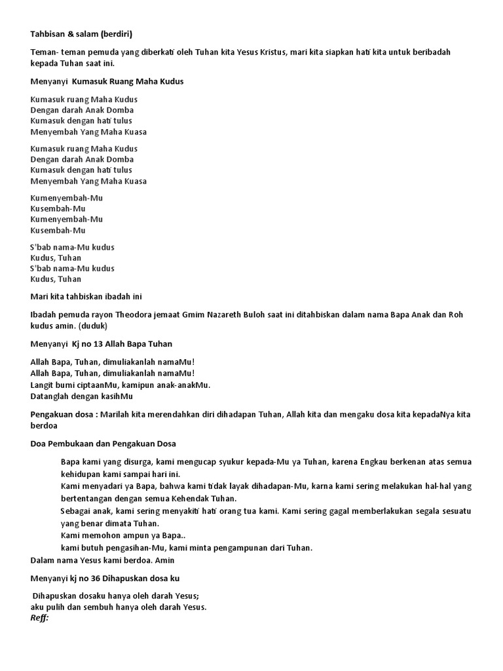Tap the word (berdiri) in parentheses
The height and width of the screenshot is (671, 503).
coord(122,34)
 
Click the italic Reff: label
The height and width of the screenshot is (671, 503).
coord(40,617)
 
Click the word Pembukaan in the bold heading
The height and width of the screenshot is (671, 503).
coord(74,444)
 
